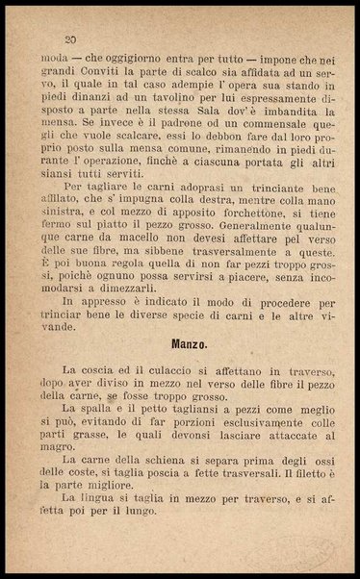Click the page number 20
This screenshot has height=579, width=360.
point(69,39)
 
